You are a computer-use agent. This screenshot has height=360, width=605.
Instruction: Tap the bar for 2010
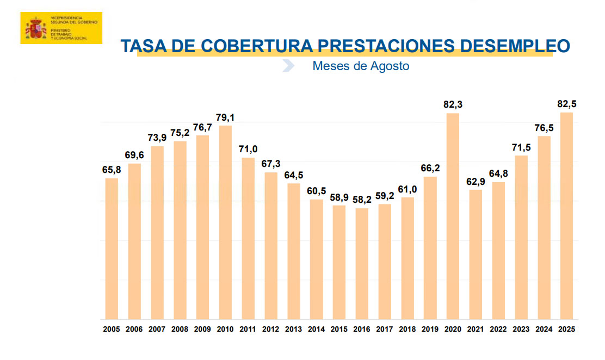(225, 222)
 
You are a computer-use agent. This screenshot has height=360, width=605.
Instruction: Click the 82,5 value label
(566, 103)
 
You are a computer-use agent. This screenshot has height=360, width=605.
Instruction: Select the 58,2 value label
(362, 200)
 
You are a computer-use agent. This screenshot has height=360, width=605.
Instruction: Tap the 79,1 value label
(225, 116)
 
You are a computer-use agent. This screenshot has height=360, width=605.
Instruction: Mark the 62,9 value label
(476, 181)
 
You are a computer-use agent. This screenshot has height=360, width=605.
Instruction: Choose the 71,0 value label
(248, 148)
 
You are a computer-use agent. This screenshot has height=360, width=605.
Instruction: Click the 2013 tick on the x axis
(294, 329)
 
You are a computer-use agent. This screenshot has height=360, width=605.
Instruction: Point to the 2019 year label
(430, 329)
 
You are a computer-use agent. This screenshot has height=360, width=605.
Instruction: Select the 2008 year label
(180, 329)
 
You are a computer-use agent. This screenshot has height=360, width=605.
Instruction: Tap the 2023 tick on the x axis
(521, 329)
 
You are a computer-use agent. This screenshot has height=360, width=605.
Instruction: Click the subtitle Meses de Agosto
(360, 66)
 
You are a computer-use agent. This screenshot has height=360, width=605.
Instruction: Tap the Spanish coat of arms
(35, 29)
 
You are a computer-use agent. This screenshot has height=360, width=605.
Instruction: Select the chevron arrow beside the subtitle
(288, 66)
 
